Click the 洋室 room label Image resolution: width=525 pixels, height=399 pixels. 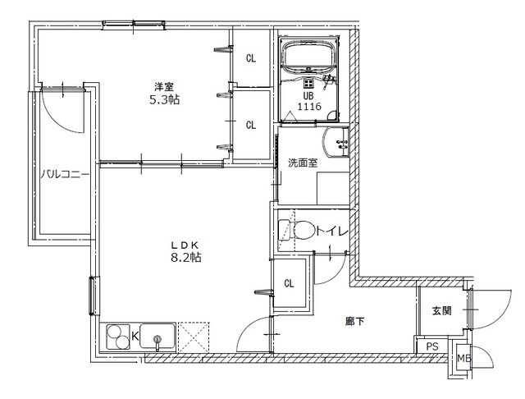pyautogui.click(x=164, y=87)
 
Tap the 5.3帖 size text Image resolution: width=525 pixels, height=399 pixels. pyautogui.click(x=164, y=99)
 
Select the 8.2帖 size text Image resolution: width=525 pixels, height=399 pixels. pyautogui.click(x=186, y=257)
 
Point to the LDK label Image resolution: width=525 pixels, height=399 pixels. pyautogui.click(x=186, y=244)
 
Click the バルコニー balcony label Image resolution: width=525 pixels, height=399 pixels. pyautogui.click(x=65, y=175)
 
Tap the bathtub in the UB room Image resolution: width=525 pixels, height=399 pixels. pyautogui.click(x=309, y=56)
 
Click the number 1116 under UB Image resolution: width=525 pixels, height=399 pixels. pyautogui.click(x=309, y=107)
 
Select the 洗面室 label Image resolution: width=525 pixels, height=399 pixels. pyautogui.click(x=303, y=163)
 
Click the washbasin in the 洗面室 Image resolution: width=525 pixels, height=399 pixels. pyautogui.click(x=336, y=142)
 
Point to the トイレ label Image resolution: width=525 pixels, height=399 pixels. pyautogui.click(x=332, y=231)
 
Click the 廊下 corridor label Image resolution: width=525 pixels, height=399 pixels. pyautogui.click(x=355, y=322)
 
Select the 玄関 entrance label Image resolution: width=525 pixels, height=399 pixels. pyautogui.click(x=441, y=311)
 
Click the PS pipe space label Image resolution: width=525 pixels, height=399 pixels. pyautogui.click(x=432, y=346)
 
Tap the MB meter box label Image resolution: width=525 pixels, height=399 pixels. pyautogui.click(x=464, y=358)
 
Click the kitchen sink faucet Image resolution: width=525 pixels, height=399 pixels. pyautogui.click(x=157, y=342)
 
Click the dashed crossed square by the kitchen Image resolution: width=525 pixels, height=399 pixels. pyautogui.click(x=194, y=337)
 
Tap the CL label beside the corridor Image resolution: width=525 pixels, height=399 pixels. pyautogui.click(x=289, y=283)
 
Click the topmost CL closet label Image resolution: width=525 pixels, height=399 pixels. pyautogui.click(x=251, y=58)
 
